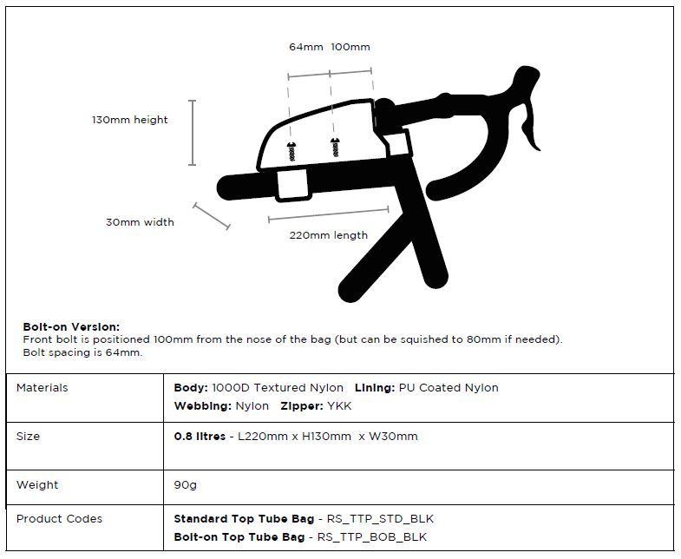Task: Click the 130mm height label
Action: pyautogui.click(x=130, y=120)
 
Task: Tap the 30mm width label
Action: pyautogui.click(x=140, y=222)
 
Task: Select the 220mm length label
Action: pyautogui.click(x=328, y=235)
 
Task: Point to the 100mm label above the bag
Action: pyautogui.click(x=350, y=47)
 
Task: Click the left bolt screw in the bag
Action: pyautogui.click(x=291, y=150)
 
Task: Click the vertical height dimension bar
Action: pyautogui.click(x=193, y=133)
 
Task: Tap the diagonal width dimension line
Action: pyautogui.click(x=212, y=216)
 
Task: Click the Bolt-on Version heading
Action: pyautogui.click(x=71, y=326)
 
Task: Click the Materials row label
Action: pyautogui.click(x=42, y=388)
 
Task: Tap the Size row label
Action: pyautogui.click(x=28, y=437)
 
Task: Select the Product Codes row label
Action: pyautogui.click(x=59, y=519)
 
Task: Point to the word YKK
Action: pyautogui.click(x=339, y=405)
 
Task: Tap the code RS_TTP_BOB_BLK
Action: pyautogui.click(x=371, y=537)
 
